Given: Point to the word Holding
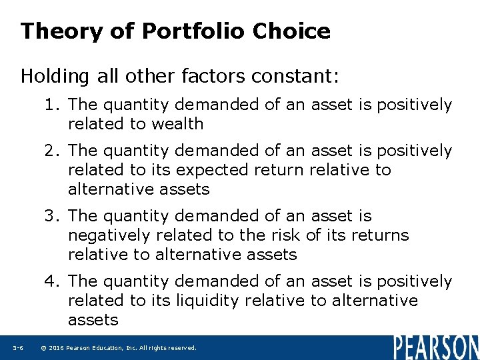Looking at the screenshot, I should pos(54,77).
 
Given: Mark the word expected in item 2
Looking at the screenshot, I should pos(229,170).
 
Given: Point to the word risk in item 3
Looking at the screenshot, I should pos(289,235).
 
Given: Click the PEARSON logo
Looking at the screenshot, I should pos(435,347).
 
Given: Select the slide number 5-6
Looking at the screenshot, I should pos(18,348).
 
